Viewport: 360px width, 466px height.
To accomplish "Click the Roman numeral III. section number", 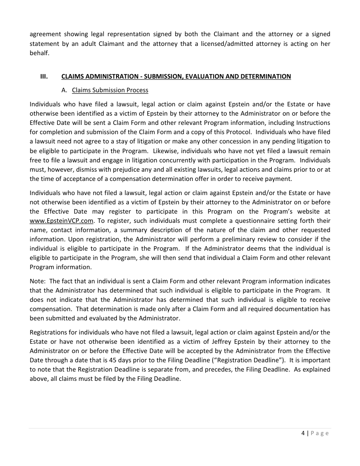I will (x=44, y=76).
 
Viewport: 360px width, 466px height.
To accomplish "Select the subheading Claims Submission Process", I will (x=110, y=90).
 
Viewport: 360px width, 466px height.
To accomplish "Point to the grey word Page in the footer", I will (x=319, y=433).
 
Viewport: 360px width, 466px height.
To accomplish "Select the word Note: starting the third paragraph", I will (x=37, y=281).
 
